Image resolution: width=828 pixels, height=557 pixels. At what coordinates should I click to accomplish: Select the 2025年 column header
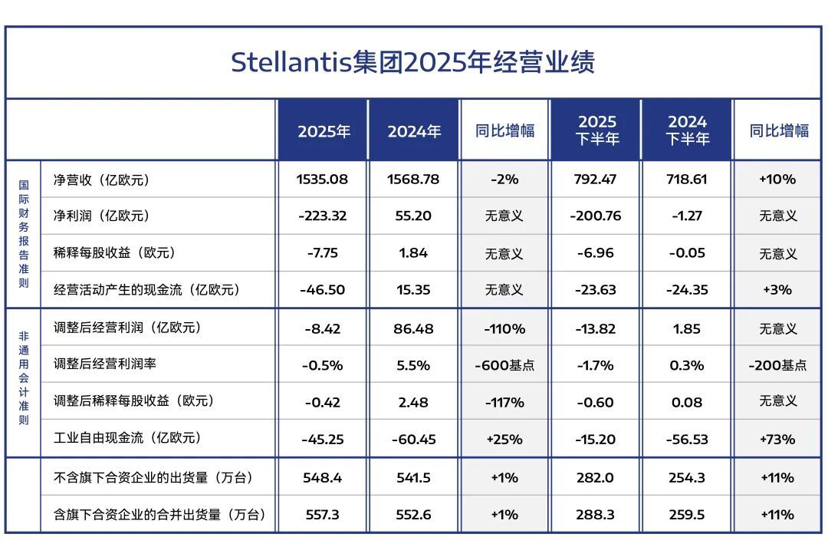[324, 131]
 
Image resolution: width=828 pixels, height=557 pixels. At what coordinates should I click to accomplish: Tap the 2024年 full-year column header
[414, 131]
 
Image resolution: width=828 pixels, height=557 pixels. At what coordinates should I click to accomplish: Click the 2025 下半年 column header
[596, 130]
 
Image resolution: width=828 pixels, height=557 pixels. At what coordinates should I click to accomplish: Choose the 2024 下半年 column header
[687, 130]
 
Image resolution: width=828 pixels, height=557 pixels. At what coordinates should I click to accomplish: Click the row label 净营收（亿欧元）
[101, 180]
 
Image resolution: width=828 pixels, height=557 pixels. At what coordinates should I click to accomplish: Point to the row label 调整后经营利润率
[105, 364]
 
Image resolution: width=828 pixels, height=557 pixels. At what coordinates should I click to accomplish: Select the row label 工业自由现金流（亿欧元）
[127, 438]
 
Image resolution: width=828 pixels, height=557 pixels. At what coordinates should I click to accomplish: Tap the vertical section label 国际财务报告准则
[24, 234]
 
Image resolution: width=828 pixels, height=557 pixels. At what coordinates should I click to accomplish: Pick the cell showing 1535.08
[322, 180]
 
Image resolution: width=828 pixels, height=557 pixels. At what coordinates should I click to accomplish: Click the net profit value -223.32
[322, 216]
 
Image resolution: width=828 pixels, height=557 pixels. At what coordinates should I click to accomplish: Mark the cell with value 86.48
[413, 328]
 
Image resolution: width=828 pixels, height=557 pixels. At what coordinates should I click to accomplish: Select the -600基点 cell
[504, 365]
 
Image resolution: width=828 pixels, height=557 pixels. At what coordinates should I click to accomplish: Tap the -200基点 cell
[777, 365]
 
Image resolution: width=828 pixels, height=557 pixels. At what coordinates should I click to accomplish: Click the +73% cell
[777, 440]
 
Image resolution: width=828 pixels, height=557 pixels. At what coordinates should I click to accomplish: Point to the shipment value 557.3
[322, 515]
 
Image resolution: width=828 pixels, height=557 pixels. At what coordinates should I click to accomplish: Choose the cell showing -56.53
[687, 440]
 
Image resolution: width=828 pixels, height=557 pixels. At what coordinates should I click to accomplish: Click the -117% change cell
[504, 402]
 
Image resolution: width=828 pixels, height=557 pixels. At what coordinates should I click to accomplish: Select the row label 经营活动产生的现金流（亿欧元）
[146, 290]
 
